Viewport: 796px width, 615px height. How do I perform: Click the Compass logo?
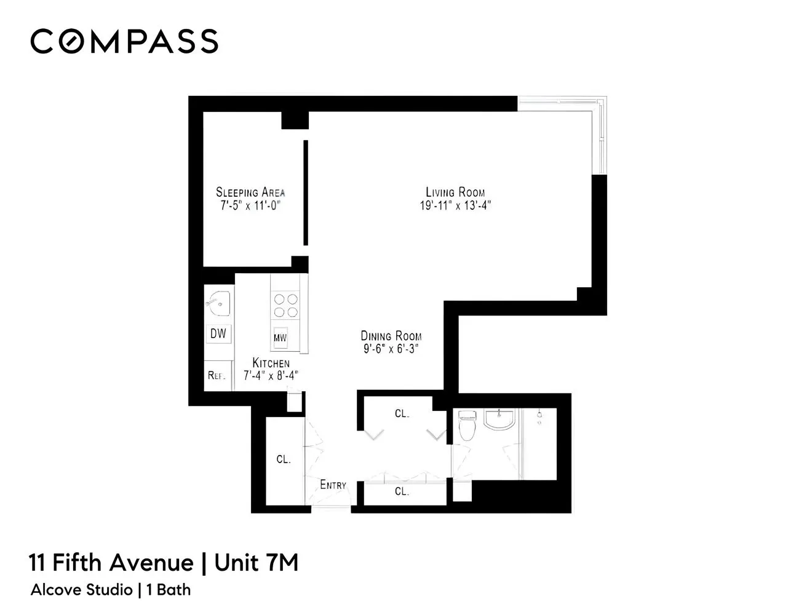click(x=124, y=41)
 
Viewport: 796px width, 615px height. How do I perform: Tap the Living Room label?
click(x=455, y=192)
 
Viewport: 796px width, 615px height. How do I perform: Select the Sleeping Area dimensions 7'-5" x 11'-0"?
click(x=250, y=206)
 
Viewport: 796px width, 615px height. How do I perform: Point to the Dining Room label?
click(x=391, y=336)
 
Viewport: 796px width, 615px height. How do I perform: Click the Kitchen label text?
click(x=271, y=363)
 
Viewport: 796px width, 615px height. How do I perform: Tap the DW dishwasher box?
click(x=218, y=334)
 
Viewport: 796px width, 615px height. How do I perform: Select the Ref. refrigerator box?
click(x=217, y=375)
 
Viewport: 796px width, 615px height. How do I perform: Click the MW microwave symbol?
click(x=281, y=338)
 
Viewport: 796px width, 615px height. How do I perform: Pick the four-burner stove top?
click(x=285, y=306)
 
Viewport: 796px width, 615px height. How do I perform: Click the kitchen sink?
click(x=218, y=303)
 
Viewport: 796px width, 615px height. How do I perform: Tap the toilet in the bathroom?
click(x=468, y=426)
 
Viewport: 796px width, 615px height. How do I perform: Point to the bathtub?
click(x=539, y=443)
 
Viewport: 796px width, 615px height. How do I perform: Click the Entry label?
click(x=333, y=485)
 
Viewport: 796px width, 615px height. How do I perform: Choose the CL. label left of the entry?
click(x=283, y=459)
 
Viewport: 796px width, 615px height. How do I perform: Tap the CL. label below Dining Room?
click(x=402, y=414)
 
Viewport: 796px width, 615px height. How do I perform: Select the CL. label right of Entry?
click(x=402, y=491)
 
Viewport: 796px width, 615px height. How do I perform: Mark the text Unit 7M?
click(x=257, y=563)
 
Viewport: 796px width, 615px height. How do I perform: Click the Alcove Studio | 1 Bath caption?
click(x=111, y=590)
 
